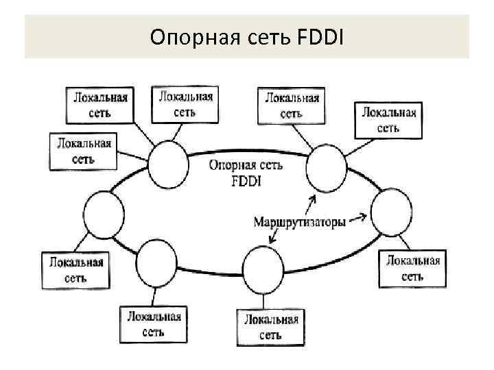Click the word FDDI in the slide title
click(322, 35)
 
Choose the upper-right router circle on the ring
click(326, 169)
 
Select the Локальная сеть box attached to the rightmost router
click(412, 268)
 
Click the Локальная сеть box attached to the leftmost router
click(75, 270)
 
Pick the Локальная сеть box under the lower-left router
click(154, 324)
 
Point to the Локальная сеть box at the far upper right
click(389, 120)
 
